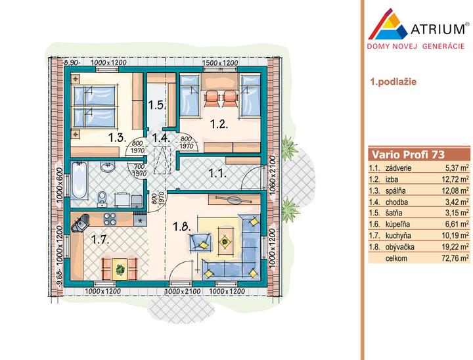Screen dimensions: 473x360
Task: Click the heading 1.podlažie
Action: (x=394, y=81)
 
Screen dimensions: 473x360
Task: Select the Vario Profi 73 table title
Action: (x=408, y=154)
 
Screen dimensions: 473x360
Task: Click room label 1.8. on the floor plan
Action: (x=182, y=227)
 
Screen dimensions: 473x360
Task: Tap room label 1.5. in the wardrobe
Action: (x=156, y=105)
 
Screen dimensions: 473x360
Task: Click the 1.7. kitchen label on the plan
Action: (x=100, y=240)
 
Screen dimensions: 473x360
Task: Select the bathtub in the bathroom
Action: (x=79, y=181)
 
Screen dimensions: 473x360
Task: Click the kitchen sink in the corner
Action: (x=80, y=223)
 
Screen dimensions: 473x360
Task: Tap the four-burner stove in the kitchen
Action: (x=110, y=219)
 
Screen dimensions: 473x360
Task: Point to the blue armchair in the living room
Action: (x=200, y=242)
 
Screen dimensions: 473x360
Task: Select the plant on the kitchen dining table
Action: (x=120, y=269)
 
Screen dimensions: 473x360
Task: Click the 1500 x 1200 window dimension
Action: (x=220, y=63)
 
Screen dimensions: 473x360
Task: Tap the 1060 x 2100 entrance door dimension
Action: (x=272, y=175)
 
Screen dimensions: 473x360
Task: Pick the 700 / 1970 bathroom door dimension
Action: (x=139, y=170)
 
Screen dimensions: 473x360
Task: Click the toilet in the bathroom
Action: (x=102, y=198)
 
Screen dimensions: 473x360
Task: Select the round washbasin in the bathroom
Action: (x=107, y=167)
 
